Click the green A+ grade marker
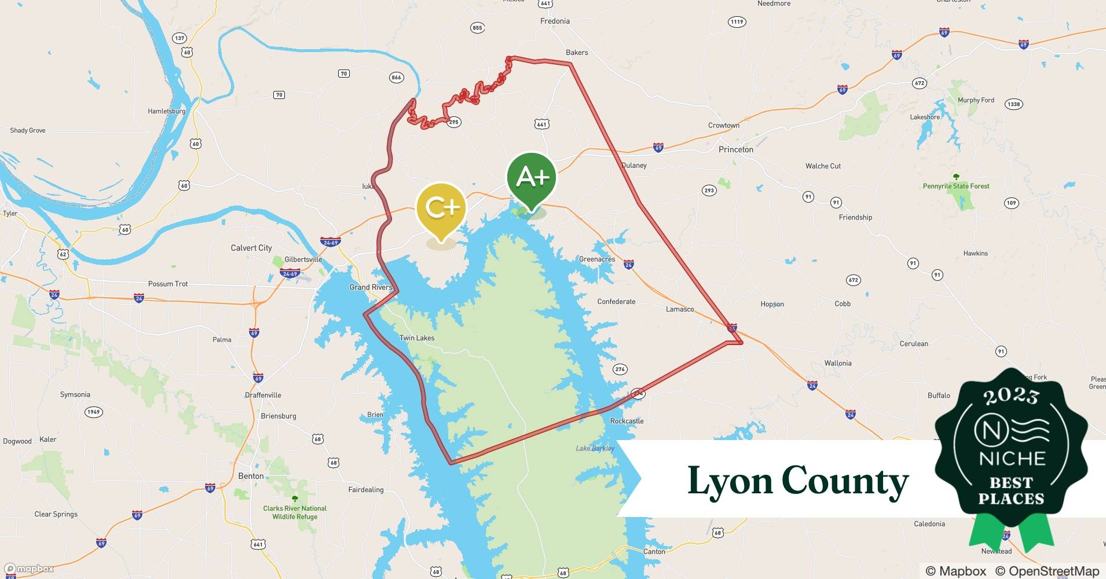point(531,178)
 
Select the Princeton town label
point(735,149)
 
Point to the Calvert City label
point(251,248)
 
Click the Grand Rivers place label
point(371,287)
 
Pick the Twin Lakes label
point(416,338)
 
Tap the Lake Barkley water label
point(595,449)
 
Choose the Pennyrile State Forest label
point(955,186)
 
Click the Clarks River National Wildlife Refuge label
point(295,512)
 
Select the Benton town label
point(251,476)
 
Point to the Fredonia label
point(554,21)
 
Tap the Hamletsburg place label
point(166,111)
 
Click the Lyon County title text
point(797,481)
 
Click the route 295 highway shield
point(453,122)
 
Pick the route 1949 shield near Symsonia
point(93,412)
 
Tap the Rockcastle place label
point(627,421)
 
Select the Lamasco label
point(679,309)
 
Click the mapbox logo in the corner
point(29,569)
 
